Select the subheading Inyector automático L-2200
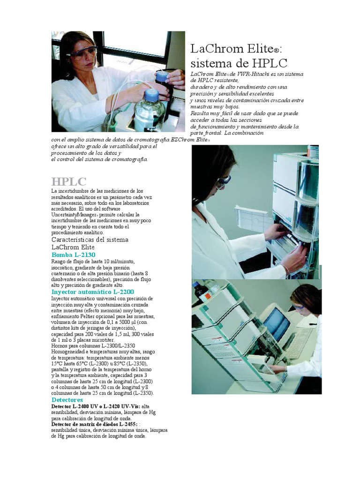(x=92, y=292)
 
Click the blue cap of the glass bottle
(x=150, y=94)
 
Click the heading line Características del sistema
(x=90, y=240)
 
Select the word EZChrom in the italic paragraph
(x=183, y=140)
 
